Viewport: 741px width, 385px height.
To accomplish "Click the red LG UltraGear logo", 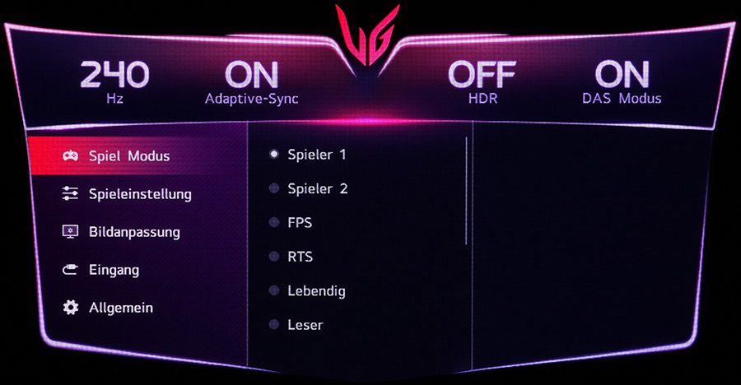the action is (x=368, y=35).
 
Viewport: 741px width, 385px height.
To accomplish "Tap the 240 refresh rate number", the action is (x=114, y=75).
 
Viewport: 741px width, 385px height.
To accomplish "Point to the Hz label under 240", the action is (x=114, y=99).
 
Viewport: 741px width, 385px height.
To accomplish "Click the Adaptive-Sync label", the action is (x=251, y=99).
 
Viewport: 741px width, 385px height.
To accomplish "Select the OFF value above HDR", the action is (x=482, y=75).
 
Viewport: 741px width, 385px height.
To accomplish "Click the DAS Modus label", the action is (x=622, y=99).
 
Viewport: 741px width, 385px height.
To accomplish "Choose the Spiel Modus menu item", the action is (x=129, y=155).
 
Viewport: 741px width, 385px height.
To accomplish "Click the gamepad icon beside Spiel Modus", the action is (x=71, y=155).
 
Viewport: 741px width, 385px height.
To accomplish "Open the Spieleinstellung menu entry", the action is (x=140, y=194).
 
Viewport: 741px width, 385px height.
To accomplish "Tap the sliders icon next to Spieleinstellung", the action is (x=71, y=193).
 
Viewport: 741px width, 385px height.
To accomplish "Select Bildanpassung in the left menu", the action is (x=134, y=233).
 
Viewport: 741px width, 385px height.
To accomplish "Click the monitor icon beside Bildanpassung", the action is (x=71, y=231).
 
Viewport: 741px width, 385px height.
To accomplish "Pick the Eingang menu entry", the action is (x=114, y=270).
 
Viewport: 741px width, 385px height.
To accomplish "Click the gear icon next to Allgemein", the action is (x=71, y=308).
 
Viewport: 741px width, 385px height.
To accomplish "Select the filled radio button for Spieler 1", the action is (x=273, y=154).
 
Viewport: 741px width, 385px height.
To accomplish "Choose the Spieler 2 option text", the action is (x=318, y=188).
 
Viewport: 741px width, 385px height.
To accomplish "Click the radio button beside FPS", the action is (x=273, y=222).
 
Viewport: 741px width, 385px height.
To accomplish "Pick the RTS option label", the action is (x=300, y=257).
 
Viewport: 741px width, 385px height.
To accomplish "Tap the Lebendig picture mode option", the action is (x=316, y=291).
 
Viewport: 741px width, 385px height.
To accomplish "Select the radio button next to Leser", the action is (x=273, y=324).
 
